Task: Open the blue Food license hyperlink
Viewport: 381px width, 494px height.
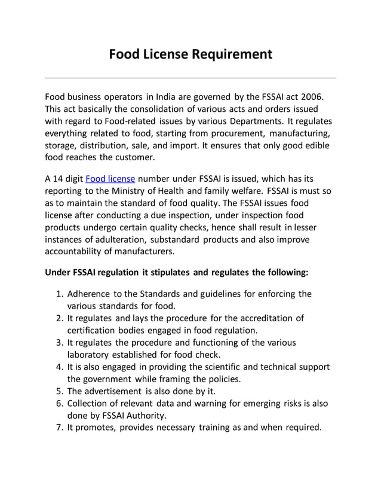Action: coord(110,179)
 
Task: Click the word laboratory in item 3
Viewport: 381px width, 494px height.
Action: coord(90,355)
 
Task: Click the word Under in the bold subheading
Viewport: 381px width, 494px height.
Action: coord(58,272)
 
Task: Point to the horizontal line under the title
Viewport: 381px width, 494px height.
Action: coord(190,78)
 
